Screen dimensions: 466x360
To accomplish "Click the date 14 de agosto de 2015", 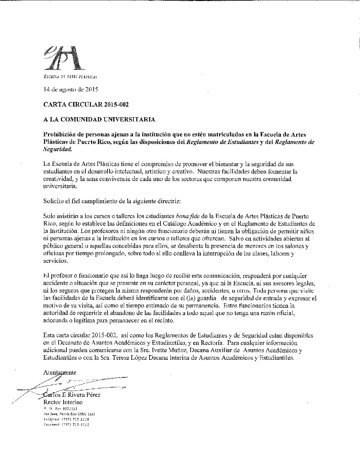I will click(x=70, y=89).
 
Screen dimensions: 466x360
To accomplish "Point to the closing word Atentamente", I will click(x=60, y=372).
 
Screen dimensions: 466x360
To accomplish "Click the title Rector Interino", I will click(x=63, y=402).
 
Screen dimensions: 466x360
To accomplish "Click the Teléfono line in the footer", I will click(x=66, y=419).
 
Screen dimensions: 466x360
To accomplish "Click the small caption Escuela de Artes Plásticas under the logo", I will click(x=70, y=77).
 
